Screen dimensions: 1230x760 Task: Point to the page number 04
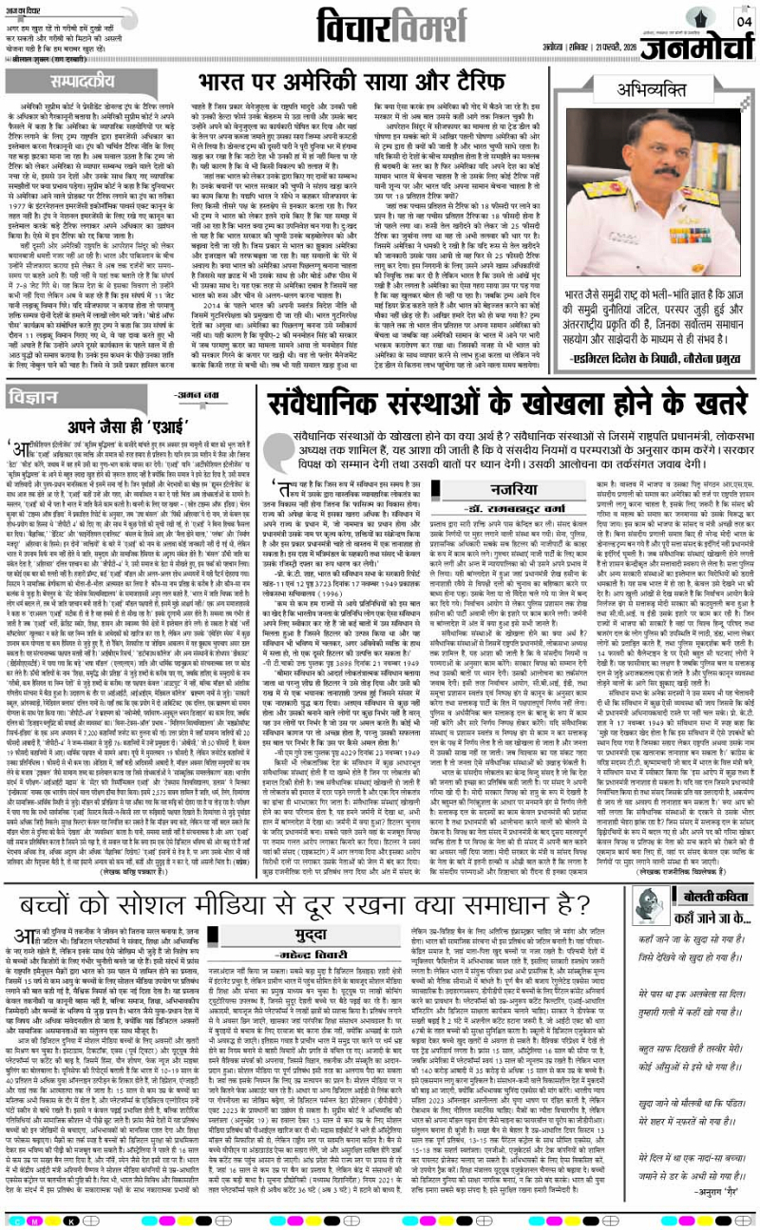click(x=741, y=20)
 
